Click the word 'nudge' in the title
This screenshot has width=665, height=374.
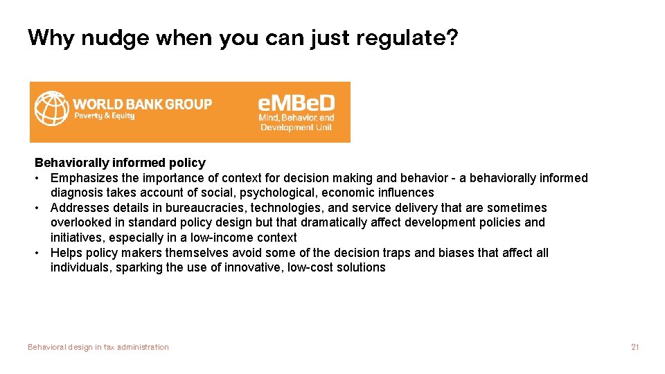tap(116, 37)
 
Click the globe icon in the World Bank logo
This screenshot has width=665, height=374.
tap(51, 109)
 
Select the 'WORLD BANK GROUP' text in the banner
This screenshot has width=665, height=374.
tap(143, 104)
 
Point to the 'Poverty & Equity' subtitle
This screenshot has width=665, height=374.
tap(105, 116)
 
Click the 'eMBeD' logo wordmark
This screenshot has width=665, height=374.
tap(296, 103)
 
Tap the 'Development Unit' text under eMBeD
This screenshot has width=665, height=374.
tap(296, 127)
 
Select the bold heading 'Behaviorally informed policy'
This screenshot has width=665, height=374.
tap(120, 163)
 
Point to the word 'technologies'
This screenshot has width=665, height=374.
tap(285, 208)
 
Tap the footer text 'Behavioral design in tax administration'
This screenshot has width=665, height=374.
tap(98, 347)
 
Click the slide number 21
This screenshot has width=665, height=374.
tap(635, 347)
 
